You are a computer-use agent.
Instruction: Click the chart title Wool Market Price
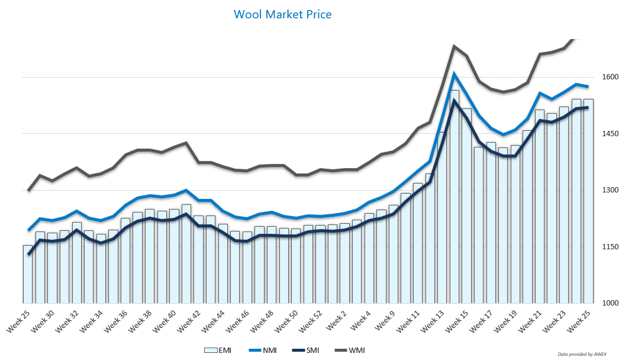tap(283, 14)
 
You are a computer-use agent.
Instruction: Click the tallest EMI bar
tap(454, 195)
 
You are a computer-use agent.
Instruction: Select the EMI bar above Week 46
tap(247, 267)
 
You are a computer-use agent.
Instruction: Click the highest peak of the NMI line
tap(454, 74)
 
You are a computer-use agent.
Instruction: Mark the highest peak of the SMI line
tap(454, 101)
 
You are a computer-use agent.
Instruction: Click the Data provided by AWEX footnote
tap(585, 354)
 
